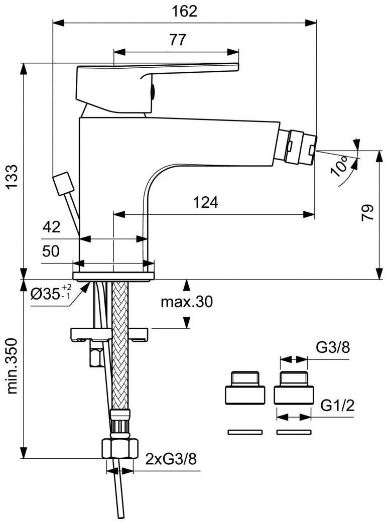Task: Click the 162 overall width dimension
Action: click(x=186, y=11)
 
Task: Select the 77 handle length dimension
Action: click(x=177, y=40)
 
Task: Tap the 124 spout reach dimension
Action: click(x=206, y=202)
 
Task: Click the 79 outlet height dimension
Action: click(x=368, y=213)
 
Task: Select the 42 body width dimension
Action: click(x=51, y=227)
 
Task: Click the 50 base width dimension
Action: click(x=51, y=251)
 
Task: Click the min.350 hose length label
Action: click(x=12, y=366)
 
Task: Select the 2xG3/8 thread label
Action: click(x=171, y=459)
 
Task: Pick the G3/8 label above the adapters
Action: click(x=332, y=348)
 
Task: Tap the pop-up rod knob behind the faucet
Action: click(x=64, y=183)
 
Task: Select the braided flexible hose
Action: click(x=120, y=351)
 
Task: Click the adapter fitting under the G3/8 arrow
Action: click(x=294, y=388)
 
